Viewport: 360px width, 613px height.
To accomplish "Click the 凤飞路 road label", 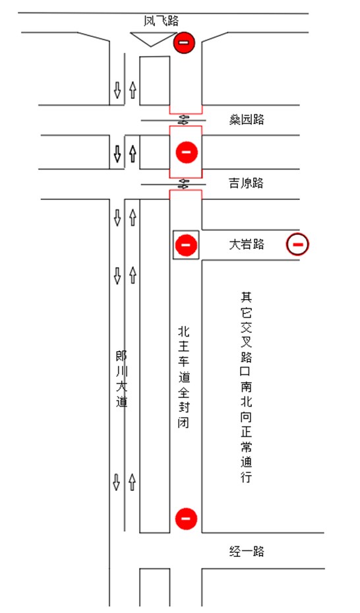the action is (161, 20).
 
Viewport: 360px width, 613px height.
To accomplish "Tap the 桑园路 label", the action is (247, 119).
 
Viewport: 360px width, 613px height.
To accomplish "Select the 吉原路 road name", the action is (246, 183).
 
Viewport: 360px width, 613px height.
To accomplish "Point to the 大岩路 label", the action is (247, 244).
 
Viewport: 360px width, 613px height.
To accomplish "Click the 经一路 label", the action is (247, 551).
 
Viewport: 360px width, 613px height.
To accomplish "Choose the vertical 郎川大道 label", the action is (121, 379).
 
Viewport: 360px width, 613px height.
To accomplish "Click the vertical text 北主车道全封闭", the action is (184, 377).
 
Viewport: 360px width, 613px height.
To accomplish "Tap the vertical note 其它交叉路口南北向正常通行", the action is (246, 387).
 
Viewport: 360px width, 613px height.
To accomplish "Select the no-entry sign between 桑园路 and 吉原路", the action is (187, 152).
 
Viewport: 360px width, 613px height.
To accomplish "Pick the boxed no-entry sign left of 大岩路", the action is (186, 245).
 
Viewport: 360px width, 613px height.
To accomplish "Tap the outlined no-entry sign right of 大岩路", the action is (297, 245).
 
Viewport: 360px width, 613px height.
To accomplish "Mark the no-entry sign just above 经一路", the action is (186, 519).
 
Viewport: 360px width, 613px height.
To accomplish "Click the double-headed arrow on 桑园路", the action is (183, 119).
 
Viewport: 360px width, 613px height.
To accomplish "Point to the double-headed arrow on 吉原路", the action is (183, 183).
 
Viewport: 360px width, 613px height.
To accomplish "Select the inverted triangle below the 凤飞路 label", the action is (152, 39).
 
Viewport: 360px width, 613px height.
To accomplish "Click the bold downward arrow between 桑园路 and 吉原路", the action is (117, 154).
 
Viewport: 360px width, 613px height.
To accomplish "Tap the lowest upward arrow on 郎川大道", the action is (132, 482).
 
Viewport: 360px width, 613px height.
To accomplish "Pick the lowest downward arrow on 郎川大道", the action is (116, 482).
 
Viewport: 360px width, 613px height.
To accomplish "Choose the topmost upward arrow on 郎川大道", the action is (133, 90).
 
